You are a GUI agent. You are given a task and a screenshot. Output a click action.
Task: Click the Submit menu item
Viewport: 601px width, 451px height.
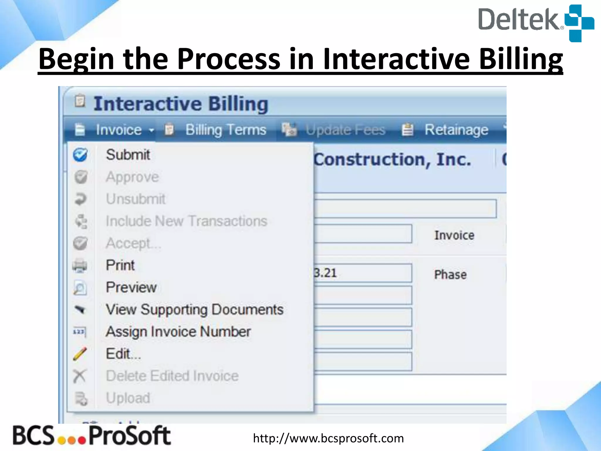128,155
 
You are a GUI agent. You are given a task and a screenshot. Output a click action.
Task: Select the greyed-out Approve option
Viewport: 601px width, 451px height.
132,177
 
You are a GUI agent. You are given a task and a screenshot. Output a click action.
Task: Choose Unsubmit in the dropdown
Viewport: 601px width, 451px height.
136,199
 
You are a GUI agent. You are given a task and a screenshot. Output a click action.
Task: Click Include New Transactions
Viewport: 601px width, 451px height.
186,221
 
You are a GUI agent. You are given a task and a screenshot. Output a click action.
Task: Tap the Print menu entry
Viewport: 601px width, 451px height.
120,265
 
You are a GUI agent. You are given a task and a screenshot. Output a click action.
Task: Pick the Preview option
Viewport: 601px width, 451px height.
131,287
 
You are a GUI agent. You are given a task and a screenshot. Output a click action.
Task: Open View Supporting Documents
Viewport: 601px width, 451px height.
195,309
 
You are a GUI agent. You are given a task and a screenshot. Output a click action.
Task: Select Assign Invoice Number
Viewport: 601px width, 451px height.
178,332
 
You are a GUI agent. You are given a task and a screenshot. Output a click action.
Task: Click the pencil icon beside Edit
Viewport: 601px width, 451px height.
80,354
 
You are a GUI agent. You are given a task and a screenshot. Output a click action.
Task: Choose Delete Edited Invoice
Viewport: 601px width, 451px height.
172,376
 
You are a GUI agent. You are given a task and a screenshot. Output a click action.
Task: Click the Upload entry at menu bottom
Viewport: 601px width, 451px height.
128,398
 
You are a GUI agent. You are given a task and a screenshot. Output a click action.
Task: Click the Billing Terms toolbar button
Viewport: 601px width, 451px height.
226,130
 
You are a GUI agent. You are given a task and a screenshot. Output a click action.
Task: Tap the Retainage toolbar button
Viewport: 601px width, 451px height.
456,130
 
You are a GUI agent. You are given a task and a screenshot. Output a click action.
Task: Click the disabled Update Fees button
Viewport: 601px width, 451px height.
345,130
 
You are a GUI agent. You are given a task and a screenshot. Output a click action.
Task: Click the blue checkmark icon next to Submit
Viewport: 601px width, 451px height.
80,155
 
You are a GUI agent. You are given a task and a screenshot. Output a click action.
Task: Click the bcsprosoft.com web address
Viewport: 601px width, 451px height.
328,438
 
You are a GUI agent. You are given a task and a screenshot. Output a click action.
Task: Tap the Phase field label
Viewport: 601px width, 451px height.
450,275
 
